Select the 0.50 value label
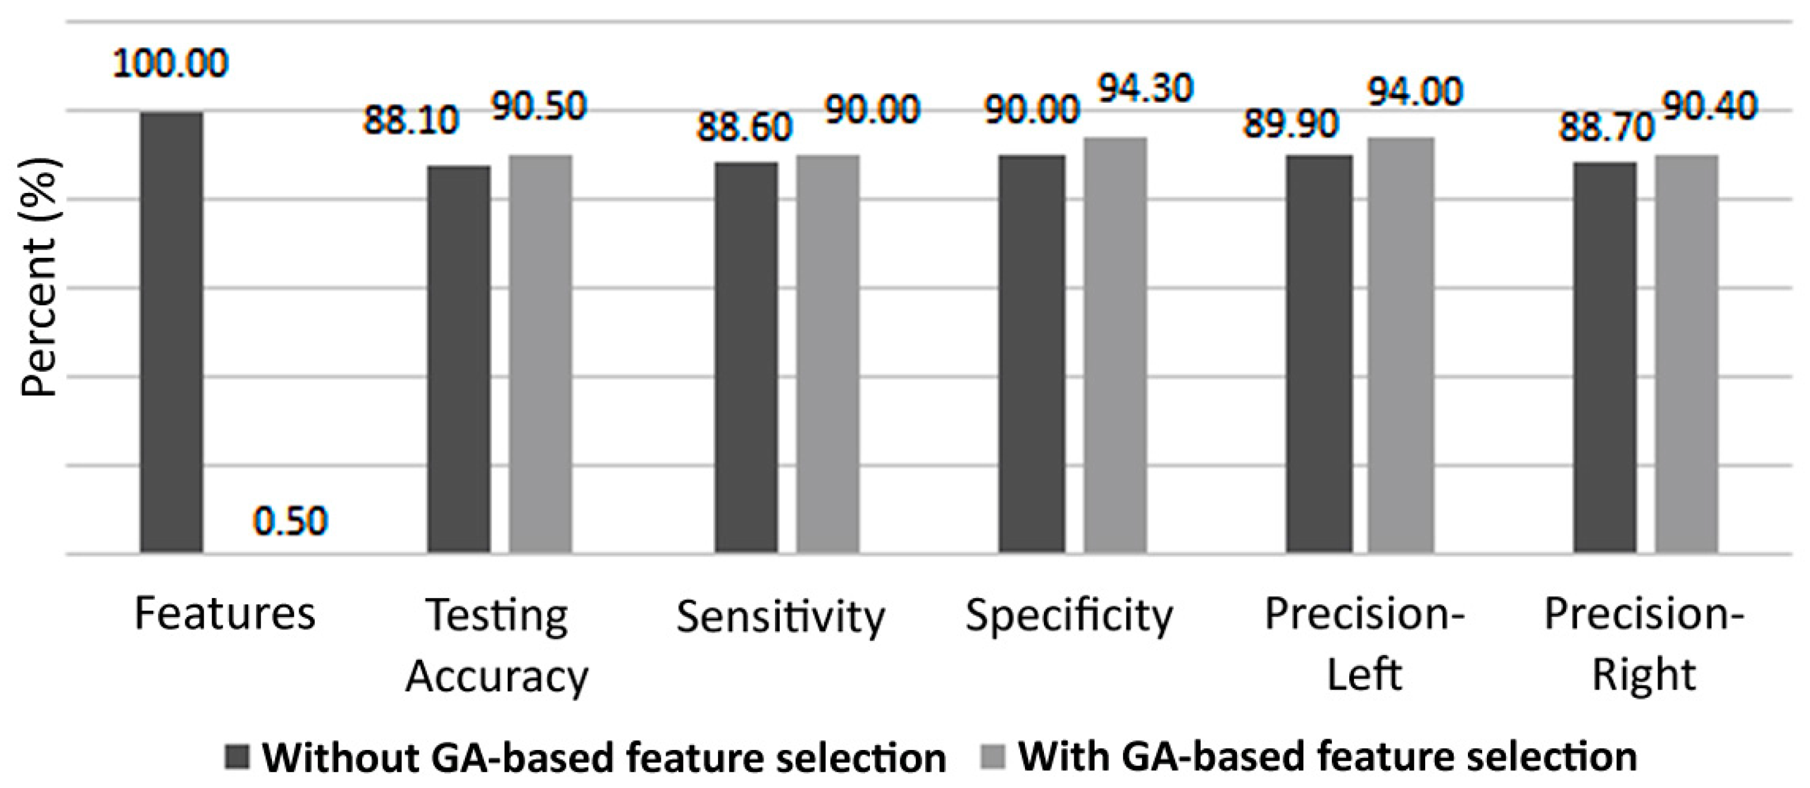pos(290,522)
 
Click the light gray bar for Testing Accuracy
pos(540,354)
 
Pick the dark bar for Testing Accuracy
pos(459,360)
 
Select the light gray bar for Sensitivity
pos(827,354)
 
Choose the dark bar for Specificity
pos(1031,354)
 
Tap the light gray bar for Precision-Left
pos(1400,345)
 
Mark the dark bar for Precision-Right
pos(1605,357)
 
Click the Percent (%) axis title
pos(39,277)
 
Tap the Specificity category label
pos(1069,616)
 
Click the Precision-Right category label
pos(1644,644)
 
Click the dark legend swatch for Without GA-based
pos(237,757)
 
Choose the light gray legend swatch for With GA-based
pos(992,757)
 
